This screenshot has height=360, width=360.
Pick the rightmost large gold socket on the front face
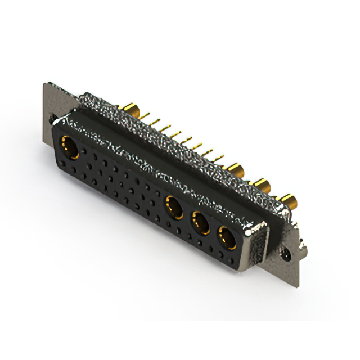[x=227, y=238]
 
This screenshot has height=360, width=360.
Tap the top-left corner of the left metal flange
[x=45, y=84]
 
